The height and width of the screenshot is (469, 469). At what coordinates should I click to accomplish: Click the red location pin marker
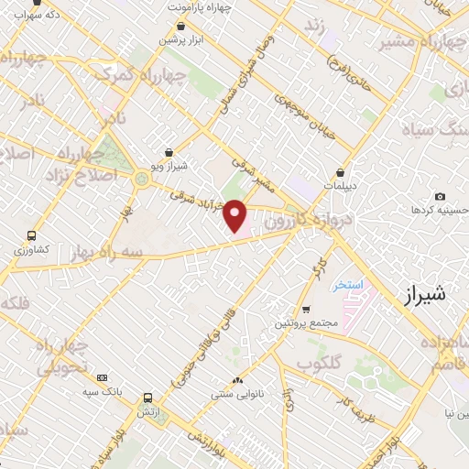(x=236, y=215)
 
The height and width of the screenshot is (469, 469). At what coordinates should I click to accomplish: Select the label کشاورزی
(x=35, y=249)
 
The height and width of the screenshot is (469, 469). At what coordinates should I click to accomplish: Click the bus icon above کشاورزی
(x=33, y=235)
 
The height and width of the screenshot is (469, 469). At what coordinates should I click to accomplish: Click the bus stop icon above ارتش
(x=147, y=398)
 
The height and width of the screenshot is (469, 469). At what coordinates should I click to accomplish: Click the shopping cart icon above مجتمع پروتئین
(x=306, y=310)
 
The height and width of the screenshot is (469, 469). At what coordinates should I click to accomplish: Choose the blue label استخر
(x=348, y=285)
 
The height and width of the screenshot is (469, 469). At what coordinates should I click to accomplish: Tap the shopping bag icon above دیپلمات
(x=341, y=171)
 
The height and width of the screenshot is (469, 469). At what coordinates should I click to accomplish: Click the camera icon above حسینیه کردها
(x=441, y=197)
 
